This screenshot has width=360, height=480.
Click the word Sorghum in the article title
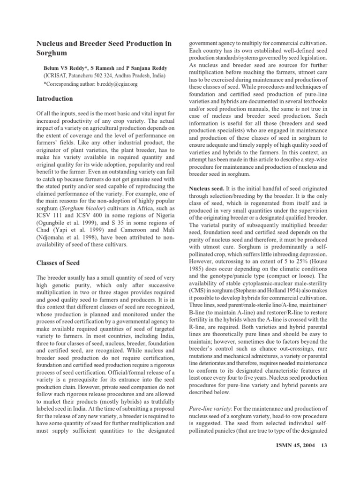[52, 53]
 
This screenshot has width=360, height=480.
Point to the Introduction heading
[55, 99]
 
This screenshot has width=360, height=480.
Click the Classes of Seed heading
[58, 263]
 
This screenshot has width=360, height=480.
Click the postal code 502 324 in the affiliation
[107, 75]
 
